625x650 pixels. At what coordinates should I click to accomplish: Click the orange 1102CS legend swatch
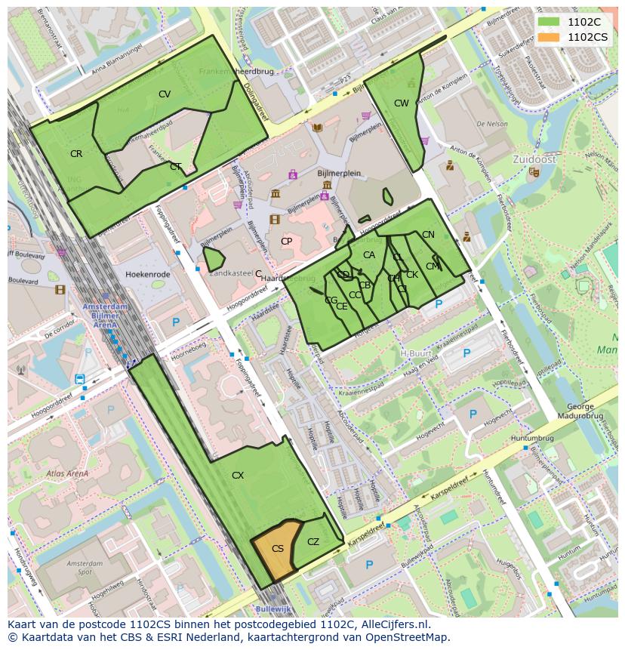click(549, 36)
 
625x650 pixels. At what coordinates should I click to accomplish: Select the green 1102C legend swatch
click(549, 22)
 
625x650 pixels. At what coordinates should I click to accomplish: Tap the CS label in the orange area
click(278, 549)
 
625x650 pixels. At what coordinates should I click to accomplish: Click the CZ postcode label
click(313, 542)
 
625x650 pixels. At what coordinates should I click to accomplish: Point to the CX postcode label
click(238, 476)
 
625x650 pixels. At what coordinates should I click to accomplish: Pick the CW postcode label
click(402, 103)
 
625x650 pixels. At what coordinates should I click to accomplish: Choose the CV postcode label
click(165, 94)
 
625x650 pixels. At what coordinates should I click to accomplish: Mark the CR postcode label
click(76, 154)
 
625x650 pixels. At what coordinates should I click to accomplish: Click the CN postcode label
click(428, 235)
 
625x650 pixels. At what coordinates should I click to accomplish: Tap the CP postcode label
click(286, 242)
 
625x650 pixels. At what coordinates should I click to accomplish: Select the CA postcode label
click(369, 255)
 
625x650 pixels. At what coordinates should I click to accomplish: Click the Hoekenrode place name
click(148, 274)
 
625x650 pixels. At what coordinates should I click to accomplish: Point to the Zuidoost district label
click(534, 160)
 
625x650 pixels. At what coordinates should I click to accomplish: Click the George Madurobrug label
click(580, 411)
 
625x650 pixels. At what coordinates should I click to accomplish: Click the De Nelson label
click(491, 123)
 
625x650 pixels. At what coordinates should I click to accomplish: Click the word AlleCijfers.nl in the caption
click(385, 624)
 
